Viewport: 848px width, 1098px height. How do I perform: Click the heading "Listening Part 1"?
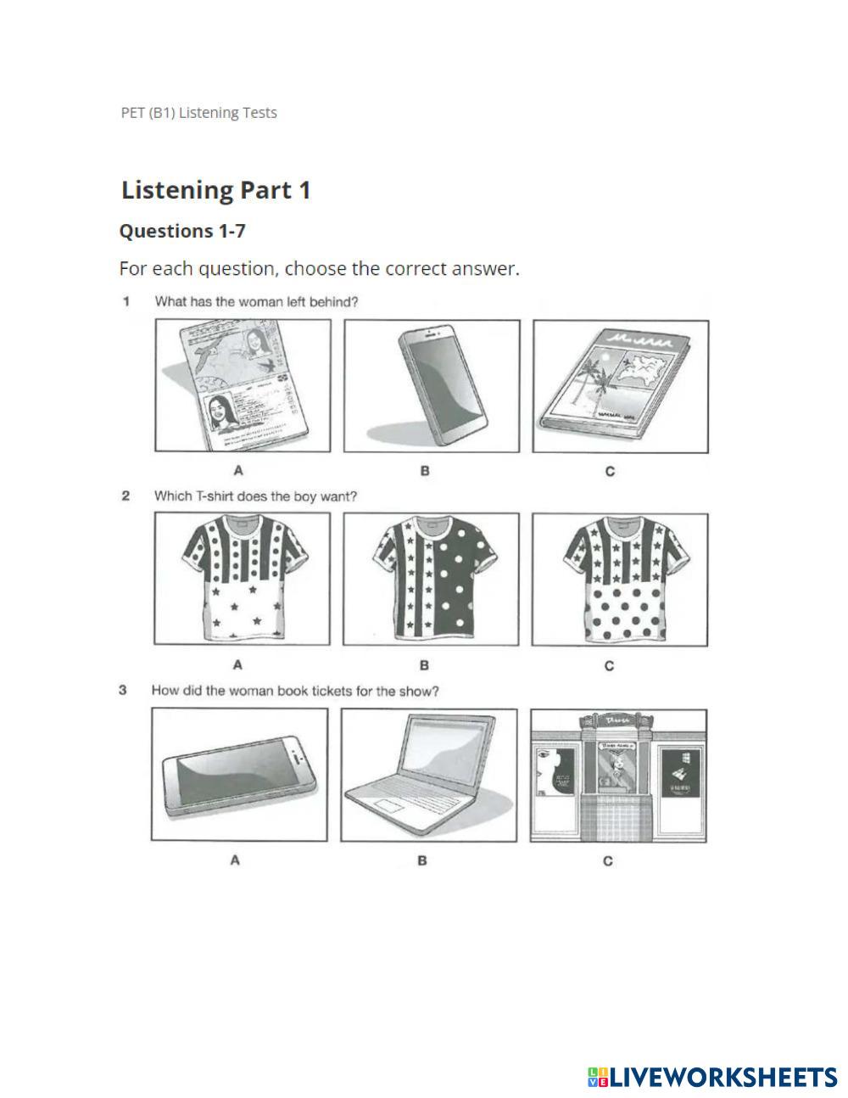[215, 190]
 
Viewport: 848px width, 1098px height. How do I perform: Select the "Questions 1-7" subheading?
[182, 231]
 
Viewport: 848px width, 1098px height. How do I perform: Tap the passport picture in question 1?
[243, 385]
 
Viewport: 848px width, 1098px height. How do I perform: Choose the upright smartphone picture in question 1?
[432, 385]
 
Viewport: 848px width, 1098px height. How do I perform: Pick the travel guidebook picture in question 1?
[620, 385]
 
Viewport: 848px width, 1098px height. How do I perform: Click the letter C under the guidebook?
[610, 471]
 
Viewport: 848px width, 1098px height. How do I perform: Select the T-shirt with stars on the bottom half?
[242, 579]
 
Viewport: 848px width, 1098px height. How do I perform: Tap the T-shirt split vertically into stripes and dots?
[431, 579]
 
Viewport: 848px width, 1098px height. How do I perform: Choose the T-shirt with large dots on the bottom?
[620, 579]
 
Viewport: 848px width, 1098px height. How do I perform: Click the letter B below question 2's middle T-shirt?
[424, 665]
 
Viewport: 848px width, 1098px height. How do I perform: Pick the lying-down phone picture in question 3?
[239, 775]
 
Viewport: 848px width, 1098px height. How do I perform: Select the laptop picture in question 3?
[428, 775]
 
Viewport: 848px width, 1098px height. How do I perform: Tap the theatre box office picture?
[618, 775]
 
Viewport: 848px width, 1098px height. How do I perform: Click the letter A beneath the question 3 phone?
[235, 860]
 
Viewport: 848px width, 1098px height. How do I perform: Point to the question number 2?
[126, 496]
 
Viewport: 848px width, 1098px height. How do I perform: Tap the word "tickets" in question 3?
[332, 691]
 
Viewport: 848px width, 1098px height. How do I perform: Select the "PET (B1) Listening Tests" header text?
[198, 113]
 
